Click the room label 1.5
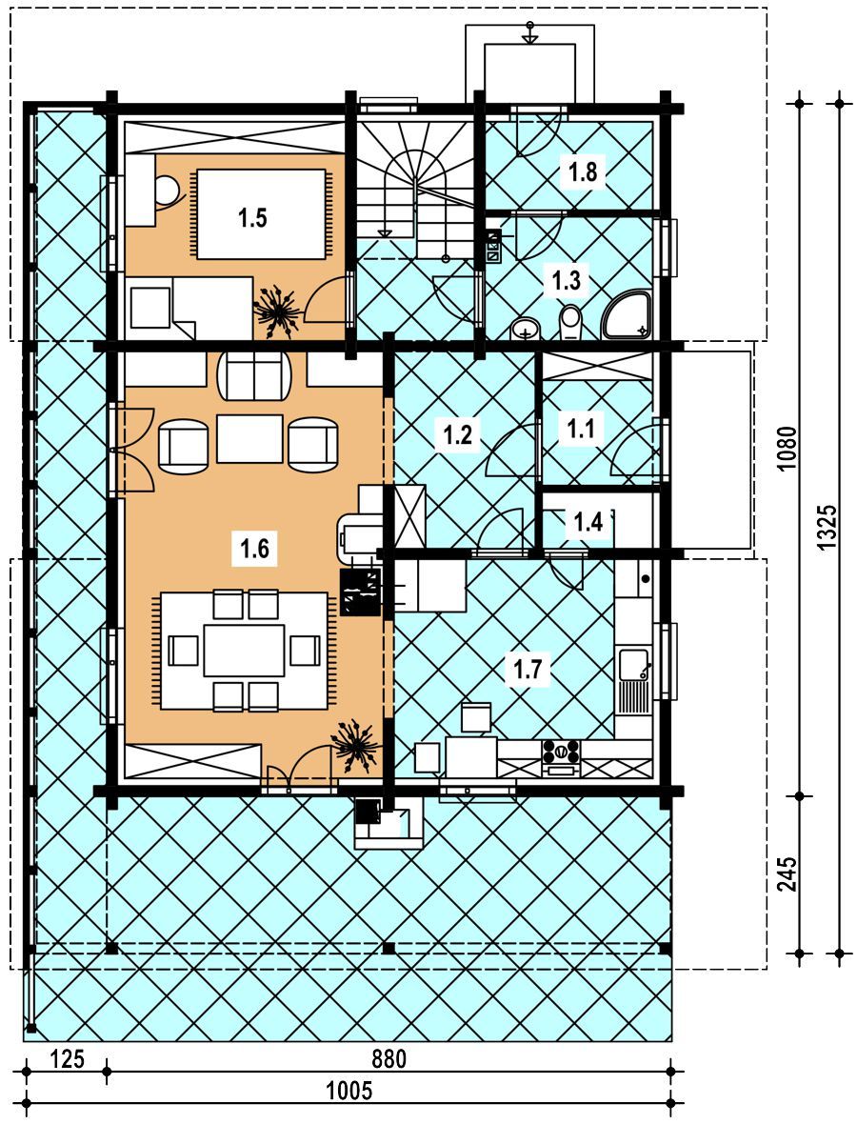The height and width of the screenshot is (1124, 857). [x=253, y=216]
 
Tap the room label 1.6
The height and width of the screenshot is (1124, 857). [x=254, y=549]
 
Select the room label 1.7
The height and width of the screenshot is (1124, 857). [x=528, y=670]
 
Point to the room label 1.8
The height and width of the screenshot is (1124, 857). [x=583, y=171]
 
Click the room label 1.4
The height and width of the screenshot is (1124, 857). [x=588, y=522]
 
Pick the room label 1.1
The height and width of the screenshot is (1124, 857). [x=581, y=429]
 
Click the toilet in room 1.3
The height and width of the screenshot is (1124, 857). [x=570, y=322]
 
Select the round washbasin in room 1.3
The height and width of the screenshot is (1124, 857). [x=528, y=329]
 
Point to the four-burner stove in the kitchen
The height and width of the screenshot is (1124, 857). [x=561, y=752]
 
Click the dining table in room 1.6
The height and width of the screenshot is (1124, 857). [x=245, y=651]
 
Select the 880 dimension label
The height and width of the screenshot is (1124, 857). [x=389, y=1059]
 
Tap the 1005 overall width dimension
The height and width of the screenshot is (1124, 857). [x=349, y=1091]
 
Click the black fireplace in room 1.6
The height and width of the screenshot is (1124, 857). [x=360, y=592]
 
